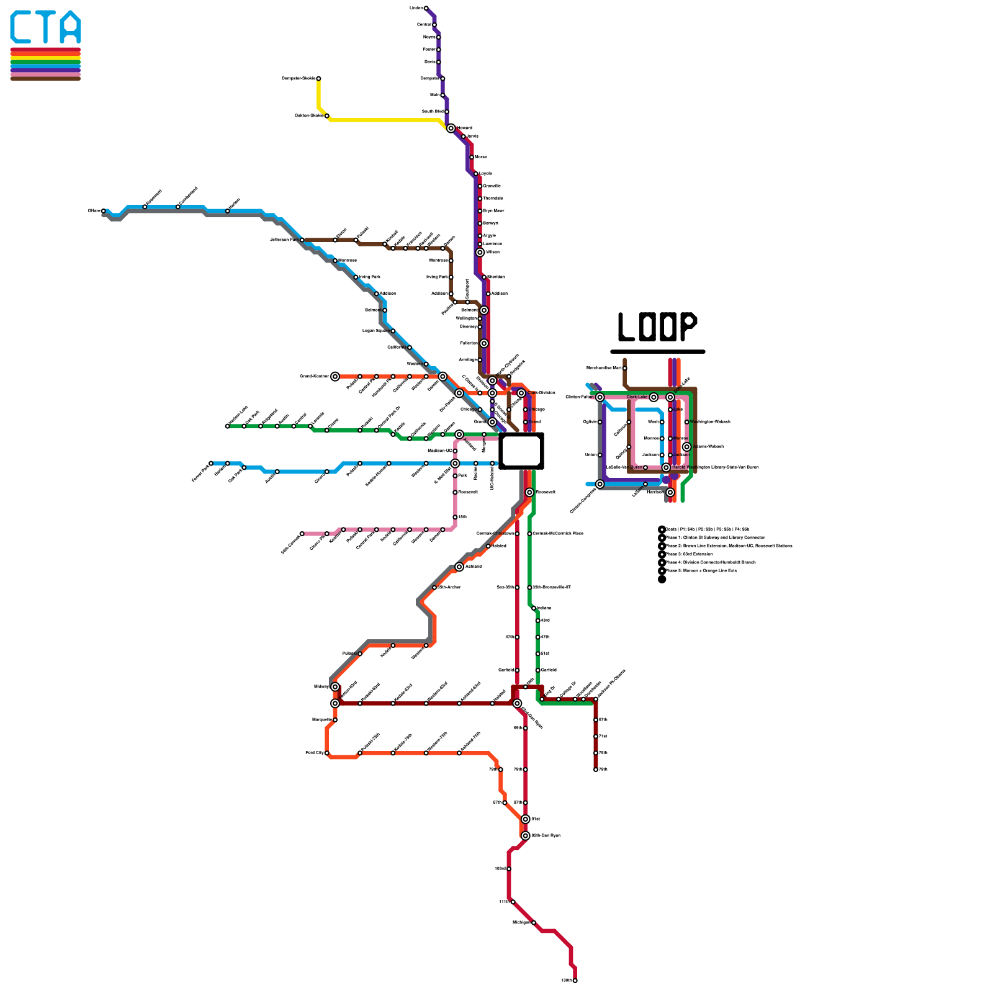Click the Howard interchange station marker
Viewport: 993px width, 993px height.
[x=451, y=128]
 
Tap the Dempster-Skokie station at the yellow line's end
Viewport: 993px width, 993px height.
[x=318, y=79]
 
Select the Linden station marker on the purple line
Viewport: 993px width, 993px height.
[x=426, y=8]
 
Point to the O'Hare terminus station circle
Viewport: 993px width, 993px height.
[x=103, y=211]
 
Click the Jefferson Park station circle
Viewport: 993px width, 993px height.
[x=302, y=240]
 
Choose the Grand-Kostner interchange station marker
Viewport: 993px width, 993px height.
[x=335, y=376]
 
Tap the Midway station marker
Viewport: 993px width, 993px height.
[x=335, y=687]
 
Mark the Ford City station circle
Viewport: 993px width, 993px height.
[x=326, y=753]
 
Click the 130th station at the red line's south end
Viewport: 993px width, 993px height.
[x=575, y=981]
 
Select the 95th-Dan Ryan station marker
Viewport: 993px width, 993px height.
[x=525, y=835]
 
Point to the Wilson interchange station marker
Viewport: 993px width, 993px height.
[x=480, y=253]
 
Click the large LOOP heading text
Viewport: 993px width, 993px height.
[x=657, y=326]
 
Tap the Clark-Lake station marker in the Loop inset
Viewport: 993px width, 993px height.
[x=654, y=397]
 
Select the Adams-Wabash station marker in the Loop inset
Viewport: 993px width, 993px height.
[x=686, y=447]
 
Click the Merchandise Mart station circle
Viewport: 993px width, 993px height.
[x=624, y=368]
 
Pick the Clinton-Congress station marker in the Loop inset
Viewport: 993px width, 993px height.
[x=600, y=484]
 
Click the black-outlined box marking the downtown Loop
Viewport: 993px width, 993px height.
[x=521, y=451]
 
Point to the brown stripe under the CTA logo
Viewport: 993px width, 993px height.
[x=45, y=78]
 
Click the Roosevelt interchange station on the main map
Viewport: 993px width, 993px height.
[x=529, y=492]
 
